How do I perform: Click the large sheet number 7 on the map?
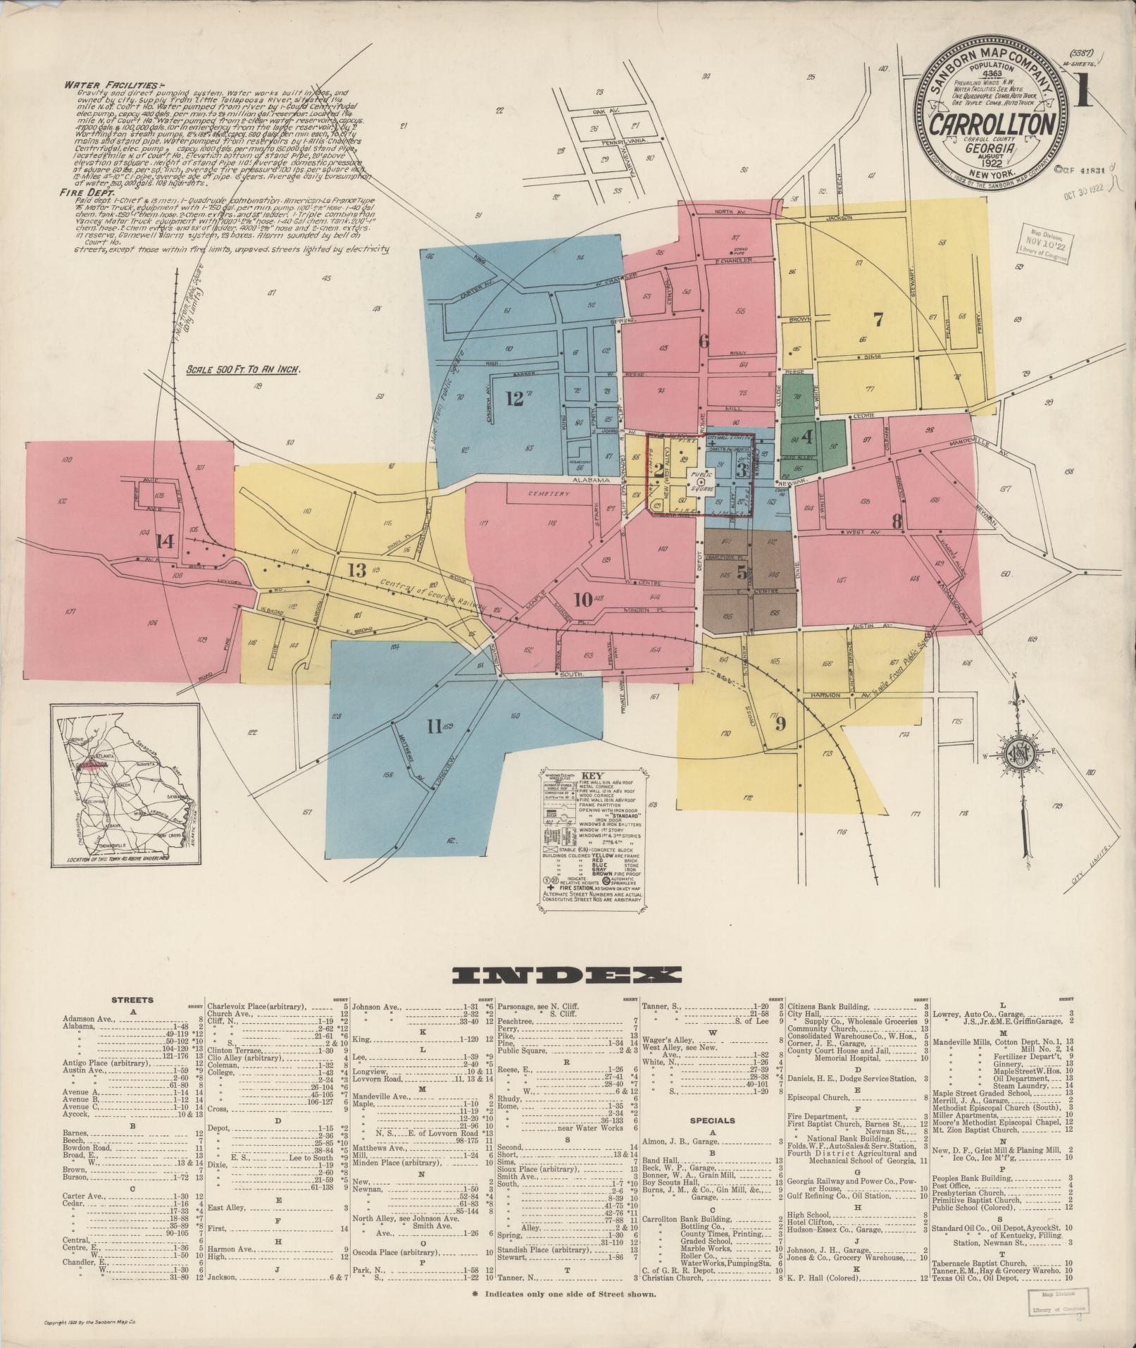click(878, 320)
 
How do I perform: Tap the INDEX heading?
click(567, 975)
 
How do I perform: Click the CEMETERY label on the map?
click(549, 494)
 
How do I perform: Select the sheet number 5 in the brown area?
click(742, 573)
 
